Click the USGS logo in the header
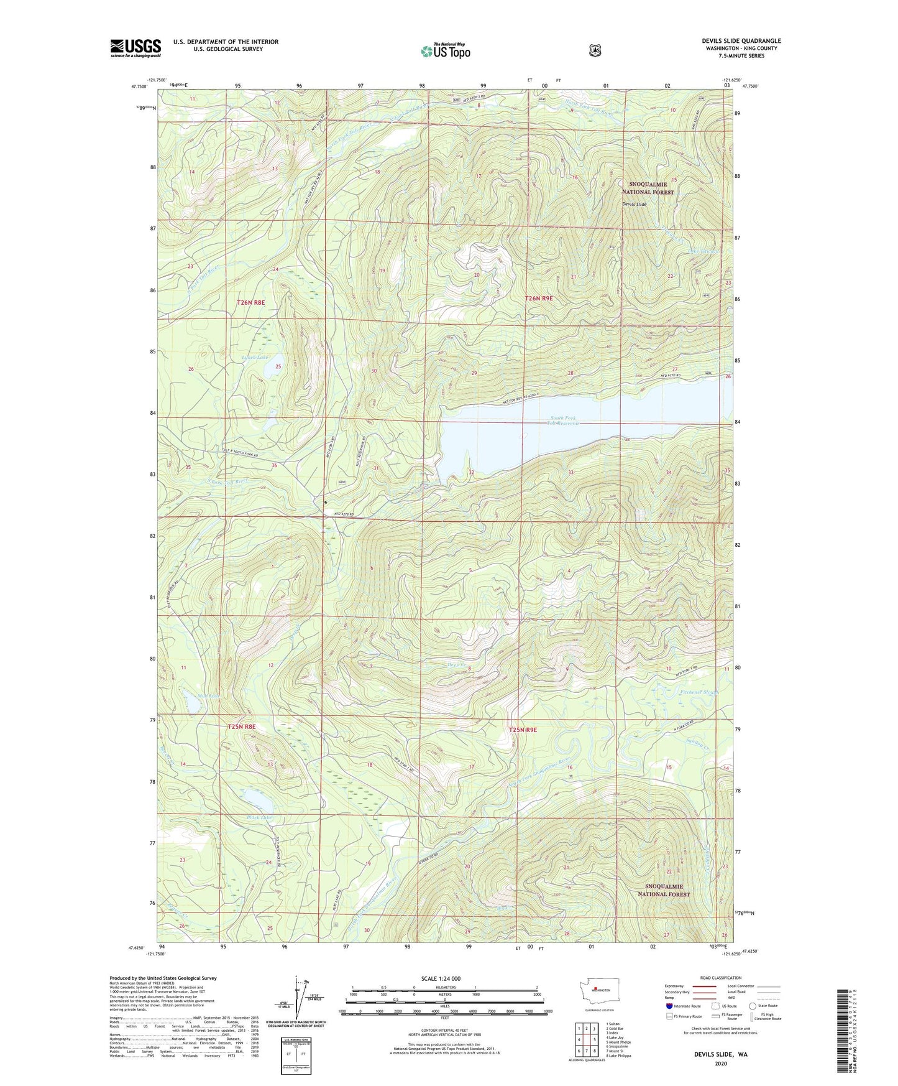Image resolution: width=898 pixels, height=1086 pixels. tap(135, 48)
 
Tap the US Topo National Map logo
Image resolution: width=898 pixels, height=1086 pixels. tap(444, 50)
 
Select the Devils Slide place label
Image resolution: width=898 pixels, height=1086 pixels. tap(635, 204)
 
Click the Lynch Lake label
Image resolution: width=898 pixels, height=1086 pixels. tap(254, 358)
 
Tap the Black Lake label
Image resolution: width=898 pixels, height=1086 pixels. tap(259, 817)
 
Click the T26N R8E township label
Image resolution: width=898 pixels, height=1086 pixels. tap(250, 302)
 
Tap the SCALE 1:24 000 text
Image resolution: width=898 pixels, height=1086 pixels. tap(441, 978)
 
